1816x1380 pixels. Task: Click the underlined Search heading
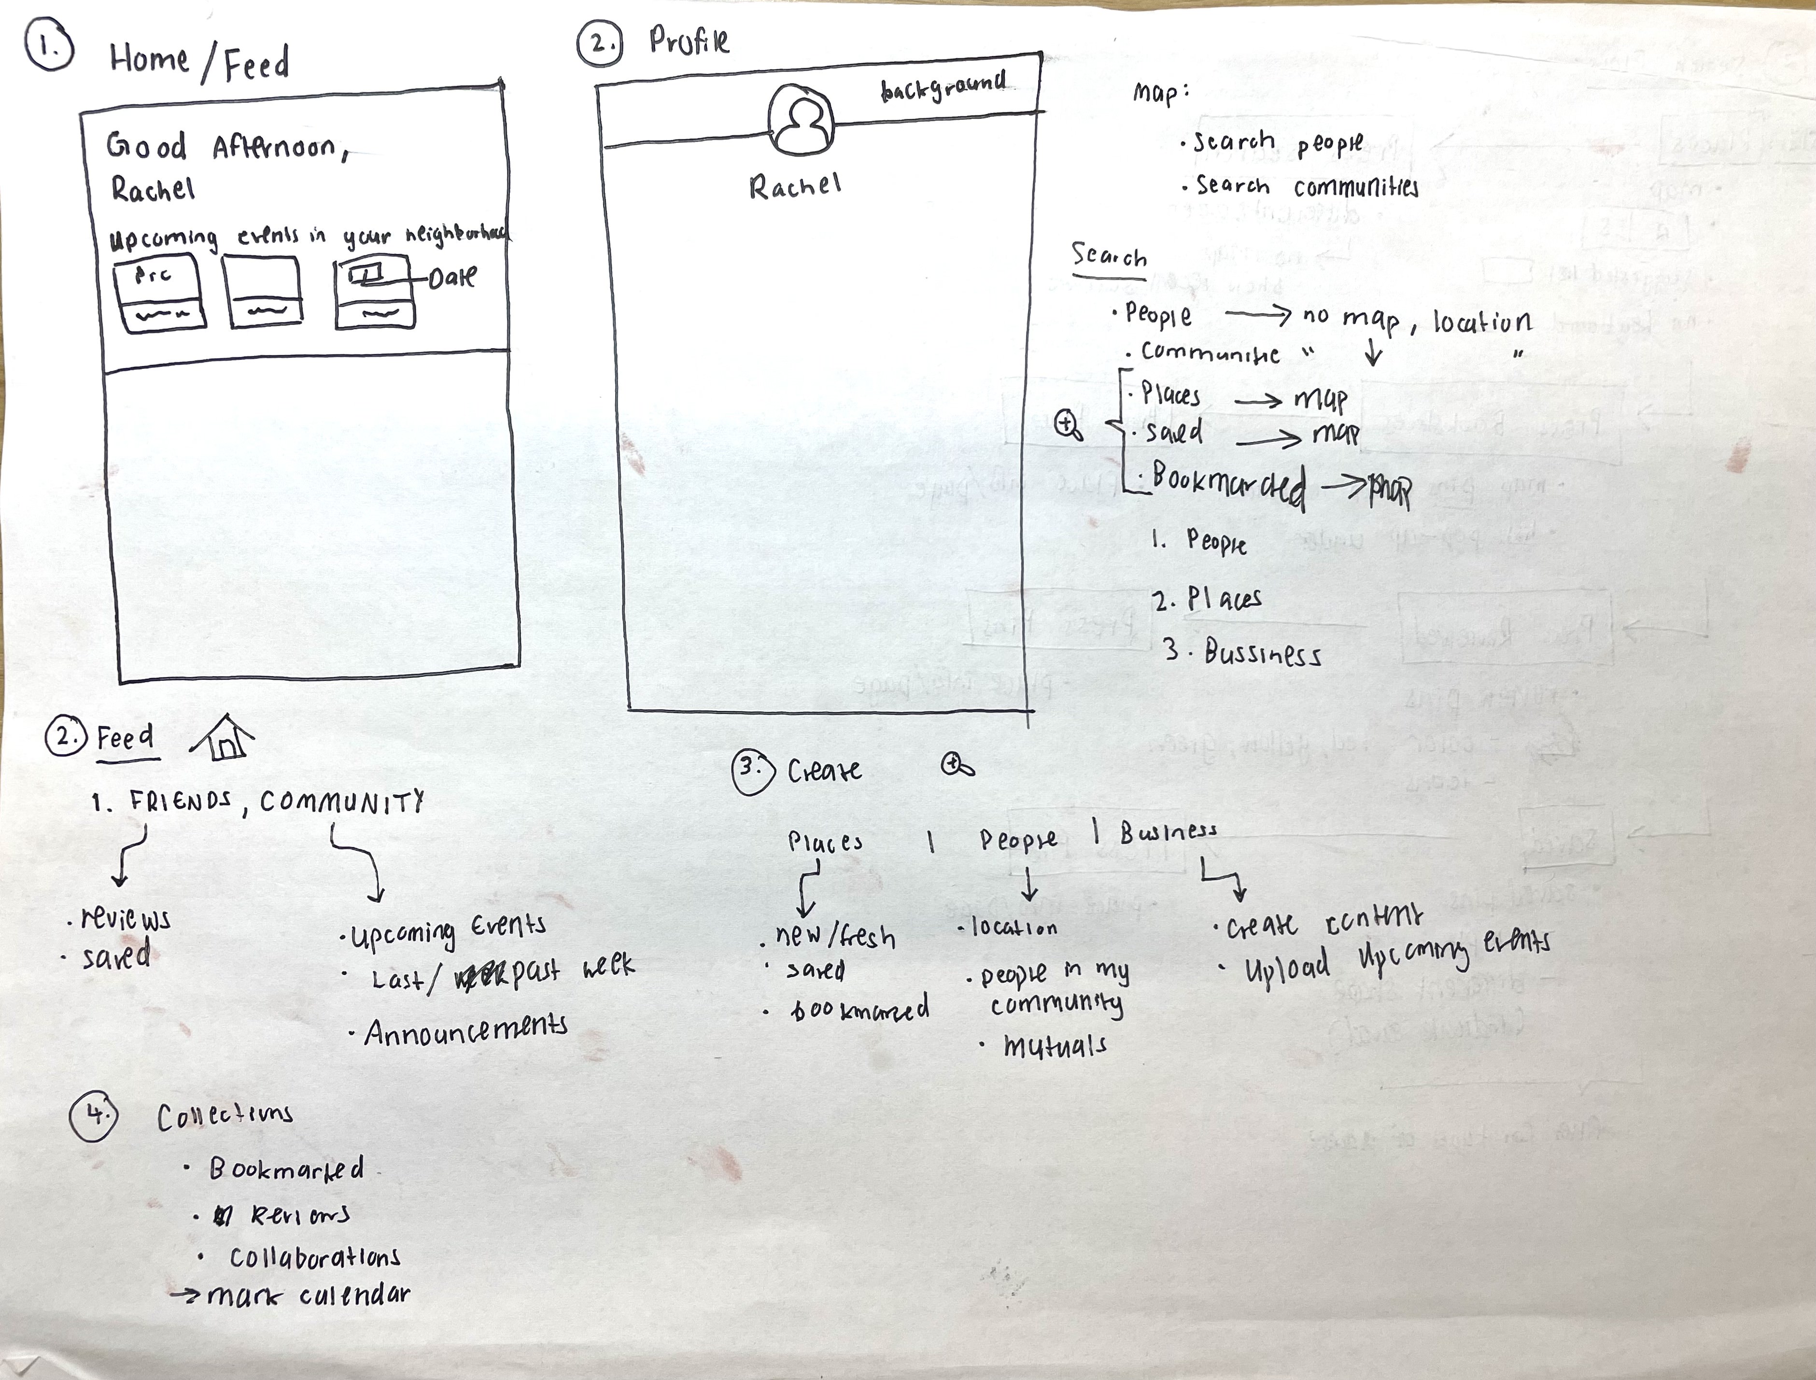1109,257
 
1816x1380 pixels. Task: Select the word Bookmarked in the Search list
1228,485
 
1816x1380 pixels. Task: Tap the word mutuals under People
1055,1046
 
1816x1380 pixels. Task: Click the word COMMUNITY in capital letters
342,801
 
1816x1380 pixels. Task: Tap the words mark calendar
308,1296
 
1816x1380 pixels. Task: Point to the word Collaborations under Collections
314,1257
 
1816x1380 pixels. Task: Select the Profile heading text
688,41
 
